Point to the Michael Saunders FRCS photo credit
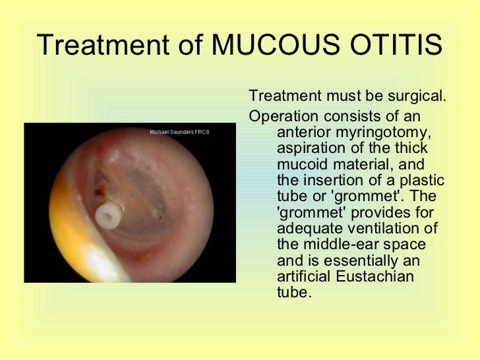point(179,132)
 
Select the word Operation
point(278,116)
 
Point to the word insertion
point(331,180)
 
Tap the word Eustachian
point(376,276)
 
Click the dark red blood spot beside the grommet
point(100,193)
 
